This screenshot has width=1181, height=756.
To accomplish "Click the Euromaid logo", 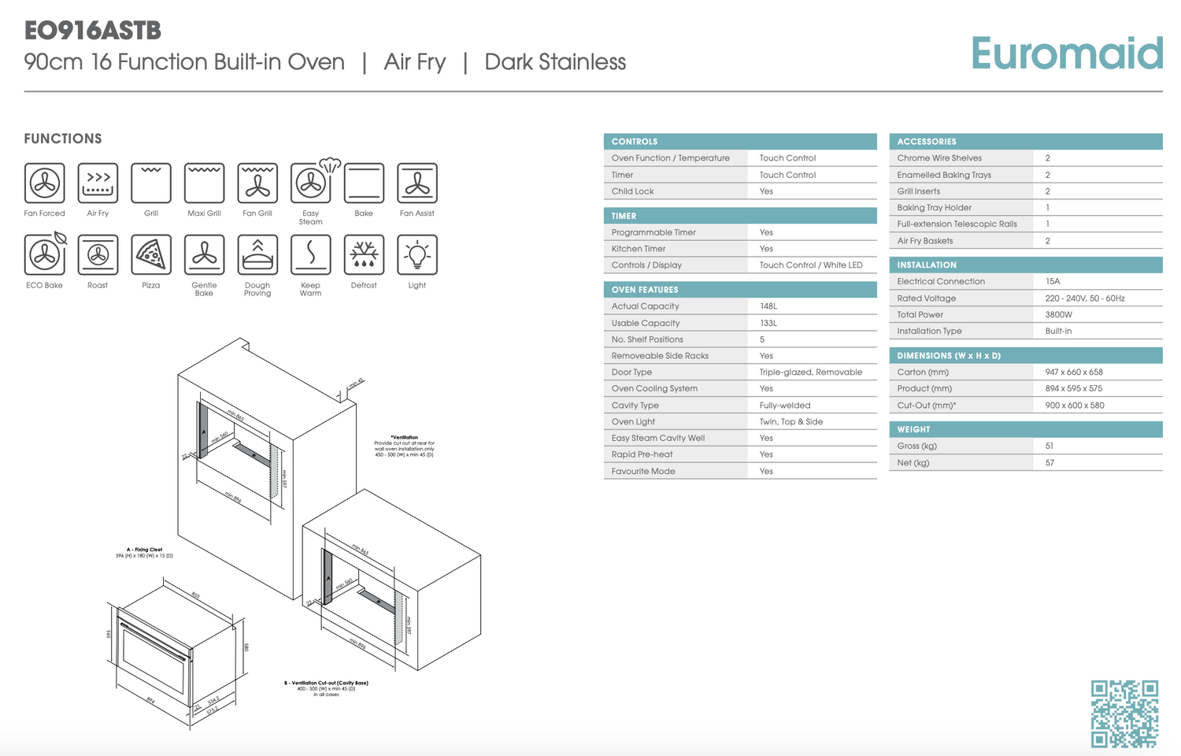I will [x=1066, y=54].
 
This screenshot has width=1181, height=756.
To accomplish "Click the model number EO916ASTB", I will [x=93, y=31].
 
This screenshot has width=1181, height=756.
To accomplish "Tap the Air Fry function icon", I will [x=98, y=183].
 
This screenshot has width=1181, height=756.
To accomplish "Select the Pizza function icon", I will [x=151, y=254].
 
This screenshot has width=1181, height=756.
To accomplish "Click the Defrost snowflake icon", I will [x=364, y=254].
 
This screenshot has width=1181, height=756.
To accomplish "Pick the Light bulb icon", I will [x=416, y=254].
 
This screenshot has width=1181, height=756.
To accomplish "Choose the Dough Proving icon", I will [x=257, y=254].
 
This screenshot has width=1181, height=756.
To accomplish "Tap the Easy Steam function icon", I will [x=312, y=183].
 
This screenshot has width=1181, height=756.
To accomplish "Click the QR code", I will [x=1124, y=713].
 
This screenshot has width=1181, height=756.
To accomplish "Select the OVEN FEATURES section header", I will [x=645, y=290].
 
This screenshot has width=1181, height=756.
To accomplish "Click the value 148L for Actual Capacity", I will [x=768, y=306].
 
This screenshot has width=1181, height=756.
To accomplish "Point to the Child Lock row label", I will [x=633, y=191].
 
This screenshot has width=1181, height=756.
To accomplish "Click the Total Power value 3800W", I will [x=1059, y=314].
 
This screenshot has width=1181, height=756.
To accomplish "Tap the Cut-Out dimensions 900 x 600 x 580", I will [x=1075, y=406].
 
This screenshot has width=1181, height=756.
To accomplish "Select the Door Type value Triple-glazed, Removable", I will [x=811, y=372].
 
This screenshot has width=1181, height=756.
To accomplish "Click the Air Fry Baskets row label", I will [x=925, y=241].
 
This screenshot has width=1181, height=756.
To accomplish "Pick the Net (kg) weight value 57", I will [x=1050, y=463].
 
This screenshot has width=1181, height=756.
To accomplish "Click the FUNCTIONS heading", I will [x=63, y=139].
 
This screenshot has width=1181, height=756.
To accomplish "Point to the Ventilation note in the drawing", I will [x=404, y=446].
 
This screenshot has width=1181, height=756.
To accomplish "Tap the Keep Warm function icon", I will [x=310, y=254].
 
